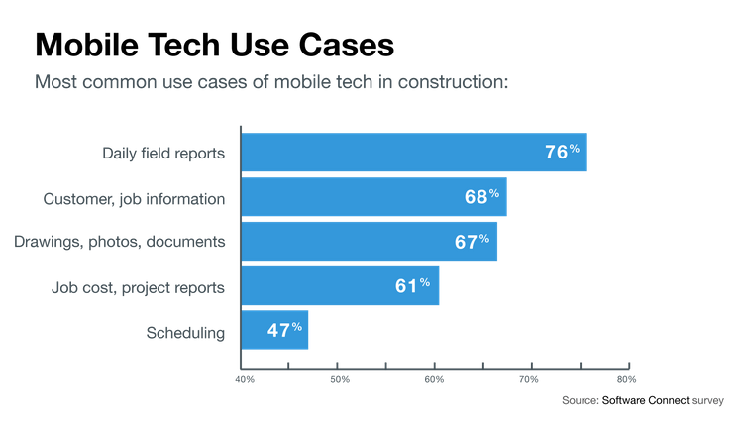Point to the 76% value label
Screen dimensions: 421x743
click(x=562, y=153)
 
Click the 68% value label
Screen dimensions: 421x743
click(x=480, y=197)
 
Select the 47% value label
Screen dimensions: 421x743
click(x=282, y=330)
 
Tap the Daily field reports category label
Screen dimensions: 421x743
click(x=164, y=154)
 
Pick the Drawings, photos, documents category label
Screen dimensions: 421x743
click(x=121, y=242)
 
